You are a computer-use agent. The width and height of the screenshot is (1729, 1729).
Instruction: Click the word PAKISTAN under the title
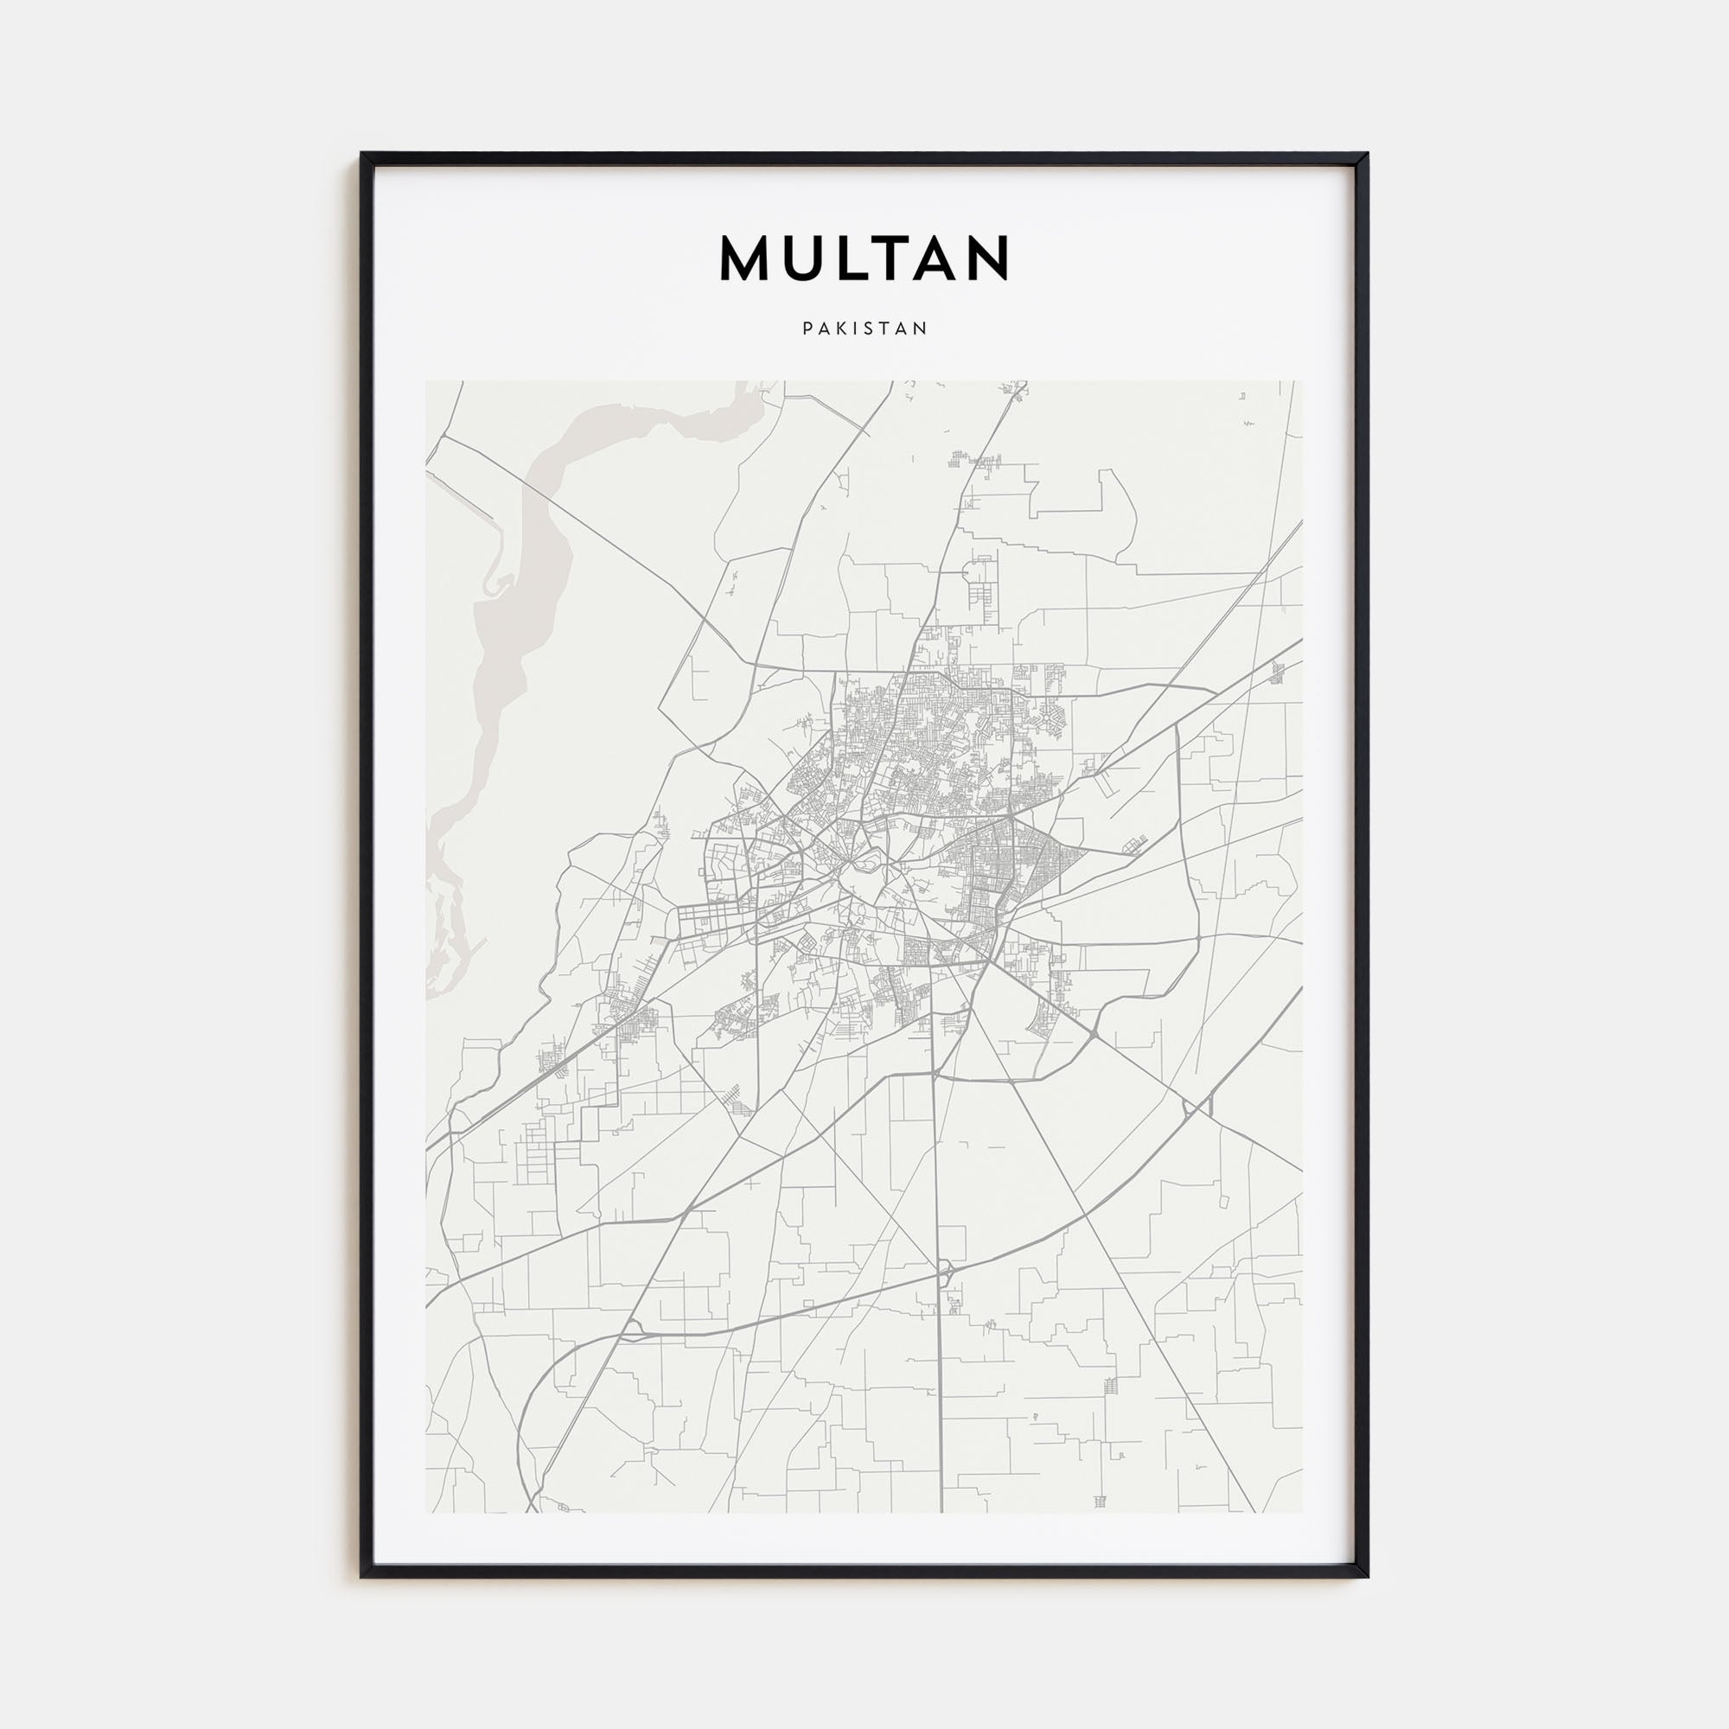click(x=864, y=329)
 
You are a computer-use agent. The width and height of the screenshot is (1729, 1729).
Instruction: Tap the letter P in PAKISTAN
click(x=807, y=329)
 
